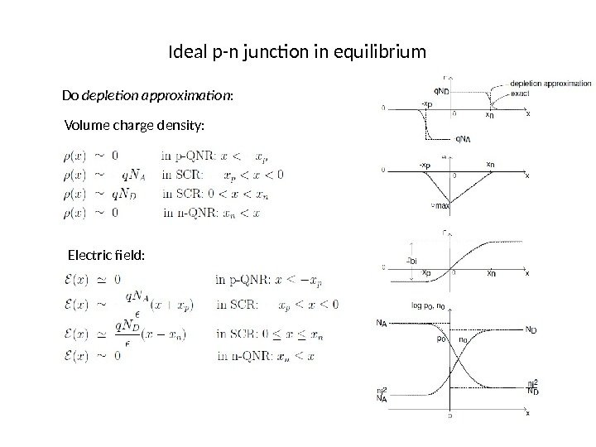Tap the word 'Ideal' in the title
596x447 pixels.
point(185,54)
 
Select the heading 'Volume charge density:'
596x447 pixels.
point(132,125)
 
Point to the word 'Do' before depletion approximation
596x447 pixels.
point(70,96)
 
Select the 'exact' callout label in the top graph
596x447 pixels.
point(521,94)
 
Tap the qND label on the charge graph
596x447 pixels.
point(442,92)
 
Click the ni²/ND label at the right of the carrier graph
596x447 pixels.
point(535,387)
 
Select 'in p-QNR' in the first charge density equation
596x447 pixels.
point(190,154)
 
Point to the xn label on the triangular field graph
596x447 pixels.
point(490,165)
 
